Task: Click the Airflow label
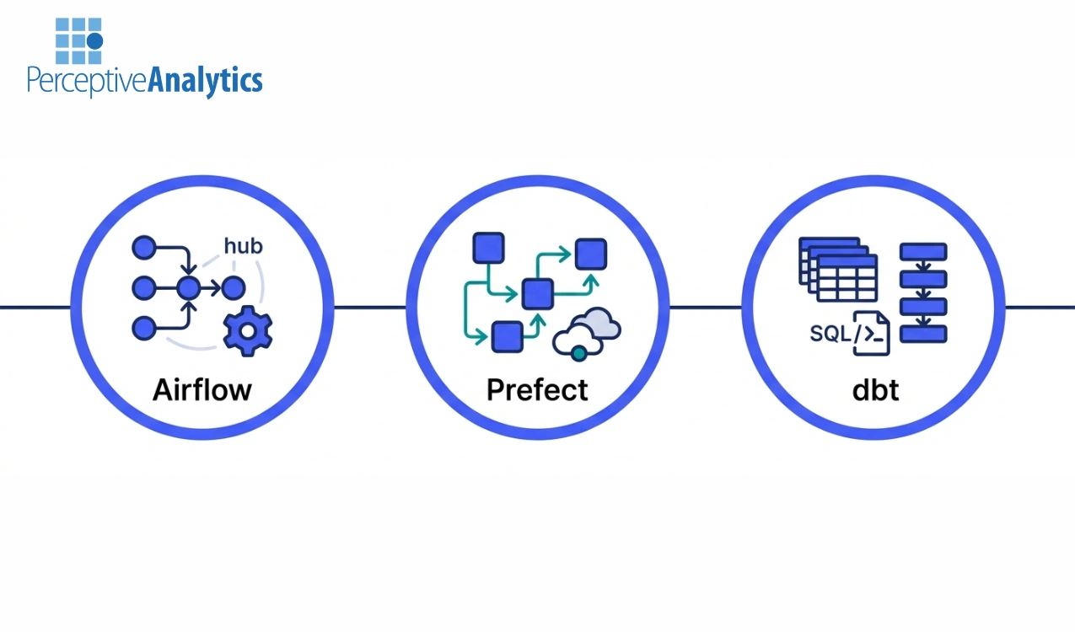[202, 389]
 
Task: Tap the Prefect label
[537, 389]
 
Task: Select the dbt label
[875, 389]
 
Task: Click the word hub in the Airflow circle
[244, 246]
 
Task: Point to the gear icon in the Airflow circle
[247, 330]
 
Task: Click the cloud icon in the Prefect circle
[588, 333]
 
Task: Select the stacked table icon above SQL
[837, 269]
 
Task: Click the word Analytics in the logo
[205, 81]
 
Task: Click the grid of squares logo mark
[78, 41]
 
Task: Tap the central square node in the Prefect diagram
[537, 293]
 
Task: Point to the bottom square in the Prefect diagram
[506, 336]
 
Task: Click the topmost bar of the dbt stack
[923, 251]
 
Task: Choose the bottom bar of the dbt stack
[923, 333]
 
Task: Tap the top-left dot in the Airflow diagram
[144, 248]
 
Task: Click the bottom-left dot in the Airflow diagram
[144, 327]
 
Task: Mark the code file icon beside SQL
[871, 332]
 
